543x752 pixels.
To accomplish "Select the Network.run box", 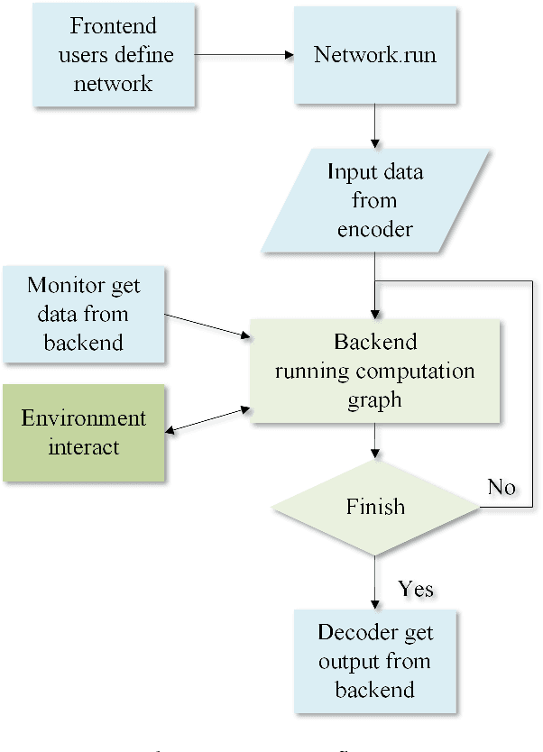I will tap(374, 54).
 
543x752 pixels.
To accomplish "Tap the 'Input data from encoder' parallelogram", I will tap(374, 200).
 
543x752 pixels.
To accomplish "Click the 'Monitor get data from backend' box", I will tap(84, 314).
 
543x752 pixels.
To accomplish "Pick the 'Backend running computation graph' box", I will tap(374, 371).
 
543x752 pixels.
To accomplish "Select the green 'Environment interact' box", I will tap(84, 432).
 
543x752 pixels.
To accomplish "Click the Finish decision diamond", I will tap(374, 507).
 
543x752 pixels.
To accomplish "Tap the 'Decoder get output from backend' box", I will tap(374, 661).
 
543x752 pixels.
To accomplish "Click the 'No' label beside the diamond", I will tap(502, 487).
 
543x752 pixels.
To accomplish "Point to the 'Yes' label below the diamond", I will tap(415, 590).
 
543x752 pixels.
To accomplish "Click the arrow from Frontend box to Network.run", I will tap(244, 54).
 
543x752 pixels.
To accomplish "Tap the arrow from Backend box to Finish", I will tap(374, 441).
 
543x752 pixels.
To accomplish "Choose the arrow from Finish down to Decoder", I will tap(374, 582).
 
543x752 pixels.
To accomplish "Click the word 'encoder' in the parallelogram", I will tap(374, 229).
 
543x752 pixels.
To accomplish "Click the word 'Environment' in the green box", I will tap(84, 418).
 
